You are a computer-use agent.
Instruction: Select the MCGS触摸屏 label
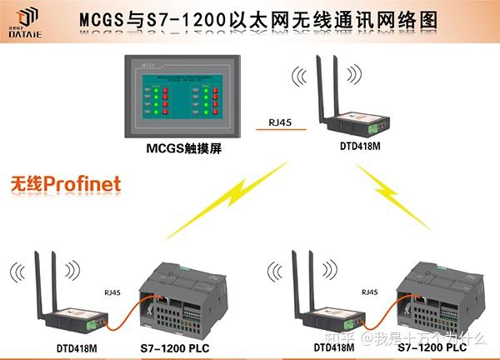(181, 149)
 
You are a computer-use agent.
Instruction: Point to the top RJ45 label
(281, 122)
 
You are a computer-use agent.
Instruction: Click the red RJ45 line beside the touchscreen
(281, 131)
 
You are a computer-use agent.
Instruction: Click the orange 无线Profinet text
(66, 182)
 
